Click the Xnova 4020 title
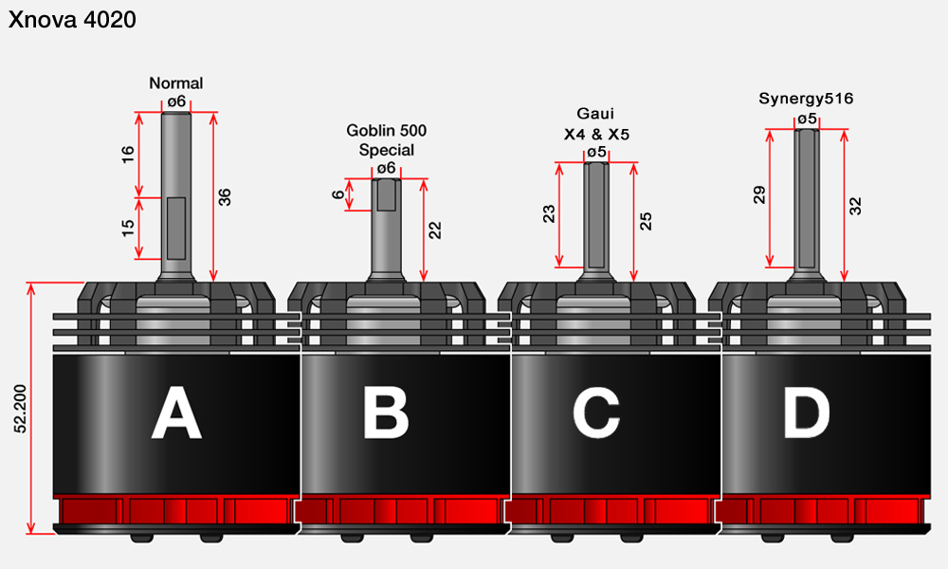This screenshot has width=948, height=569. click(x=72, y=20)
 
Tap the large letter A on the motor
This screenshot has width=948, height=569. click(x=176, y=413)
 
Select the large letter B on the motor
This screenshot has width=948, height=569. click(x=386, y=413)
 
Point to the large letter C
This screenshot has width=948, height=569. click(x=596, y=413)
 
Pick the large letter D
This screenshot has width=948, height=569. click(x=806, y=413)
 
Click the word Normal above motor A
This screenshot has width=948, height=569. click(x=176, y=83)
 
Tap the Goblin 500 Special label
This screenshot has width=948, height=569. click(x=387, y=140)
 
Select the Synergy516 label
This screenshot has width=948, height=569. click(x=806, y=99)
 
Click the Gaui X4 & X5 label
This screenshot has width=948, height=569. click(x=596, y=124)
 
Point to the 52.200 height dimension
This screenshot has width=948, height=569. click(x=21, y=408)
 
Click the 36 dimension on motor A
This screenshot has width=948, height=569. click(x=225, y=197)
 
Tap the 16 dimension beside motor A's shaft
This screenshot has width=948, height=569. click(x=128, y=155)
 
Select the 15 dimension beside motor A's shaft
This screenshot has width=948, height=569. click(x=128, y=228)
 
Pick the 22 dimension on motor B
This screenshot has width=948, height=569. click(x=435, y=230)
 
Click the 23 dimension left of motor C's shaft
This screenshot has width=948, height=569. click(x=548, y=214)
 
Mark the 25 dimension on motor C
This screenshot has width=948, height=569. click(x=646, y=221)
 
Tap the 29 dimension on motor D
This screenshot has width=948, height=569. click(x=758, y=194)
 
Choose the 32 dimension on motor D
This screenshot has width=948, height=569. click(x=855, y=206)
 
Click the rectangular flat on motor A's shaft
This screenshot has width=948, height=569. click(x=176, y=228)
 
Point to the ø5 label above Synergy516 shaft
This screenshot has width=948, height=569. click(x=807, y=119)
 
